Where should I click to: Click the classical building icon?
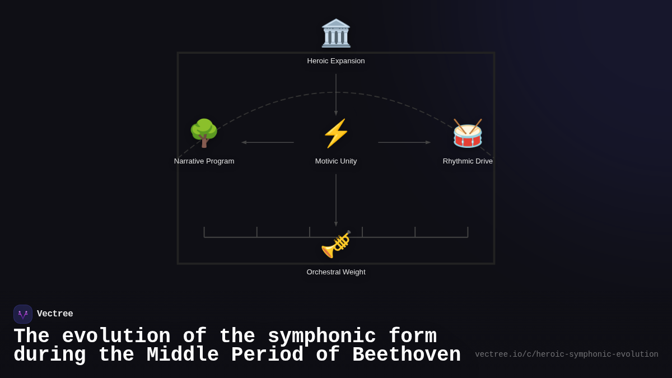336,33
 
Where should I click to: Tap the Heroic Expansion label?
336,61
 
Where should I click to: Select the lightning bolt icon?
336,133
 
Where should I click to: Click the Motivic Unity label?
336,161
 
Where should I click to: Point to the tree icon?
204,133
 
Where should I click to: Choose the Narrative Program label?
204,161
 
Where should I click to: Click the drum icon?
468,133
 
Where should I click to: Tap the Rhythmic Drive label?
468,161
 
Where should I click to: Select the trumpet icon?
336,244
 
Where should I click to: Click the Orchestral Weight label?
336,272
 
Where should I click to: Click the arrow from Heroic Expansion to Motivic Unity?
336,94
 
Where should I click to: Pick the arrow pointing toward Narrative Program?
268,142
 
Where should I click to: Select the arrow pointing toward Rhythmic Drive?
404,142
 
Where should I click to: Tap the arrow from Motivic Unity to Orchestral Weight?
336,199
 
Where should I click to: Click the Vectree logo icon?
23,314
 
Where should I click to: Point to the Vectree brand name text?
55,314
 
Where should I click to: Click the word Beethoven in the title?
407,355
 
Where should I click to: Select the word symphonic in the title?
321,337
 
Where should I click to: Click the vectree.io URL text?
566,354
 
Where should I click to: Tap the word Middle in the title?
183,355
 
